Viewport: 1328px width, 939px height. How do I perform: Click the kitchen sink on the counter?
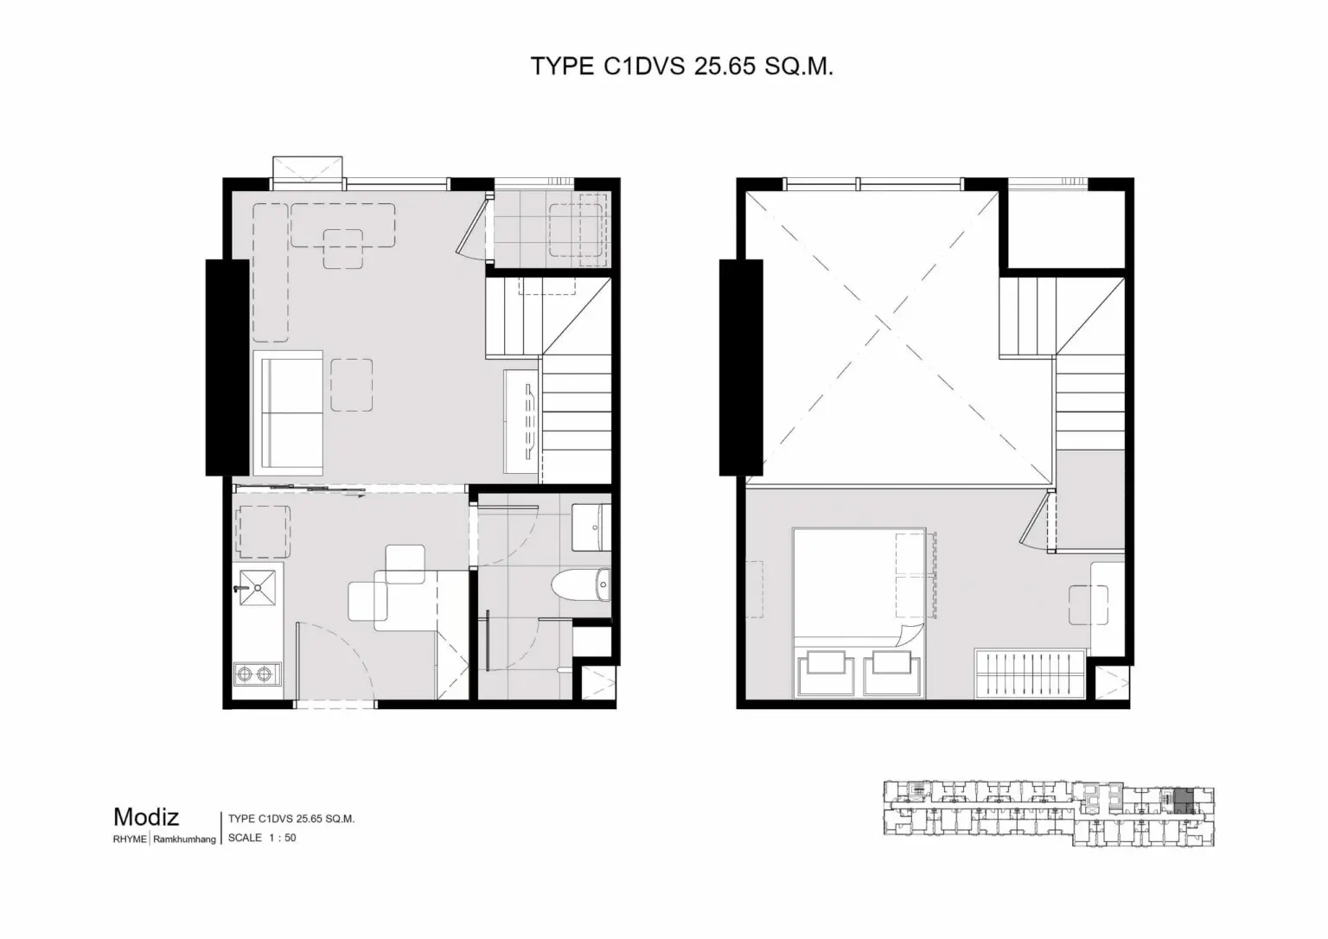tap(258, 587)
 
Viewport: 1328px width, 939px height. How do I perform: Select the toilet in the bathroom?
tap(581, 584)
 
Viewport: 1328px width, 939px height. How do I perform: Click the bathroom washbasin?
tap(591, 527)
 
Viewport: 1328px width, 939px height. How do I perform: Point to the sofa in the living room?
tap(288, 412)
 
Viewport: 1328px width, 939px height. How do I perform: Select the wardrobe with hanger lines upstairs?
tap(1031, 674)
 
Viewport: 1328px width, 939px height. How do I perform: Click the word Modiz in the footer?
tap(146, 817)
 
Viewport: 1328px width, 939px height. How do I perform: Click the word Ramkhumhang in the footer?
tap(184, 840)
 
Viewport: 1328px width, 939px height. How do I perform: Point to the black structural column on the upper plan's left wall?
tap(741, 367)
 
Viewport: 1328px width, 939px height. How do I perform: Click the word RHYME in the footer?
tap(130, 840)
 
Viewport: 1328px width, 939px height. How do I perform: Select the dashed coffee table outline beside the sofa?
tap(352, 385)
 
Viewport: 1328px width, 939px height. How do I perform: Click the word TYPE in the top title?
tap(562, 67)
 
